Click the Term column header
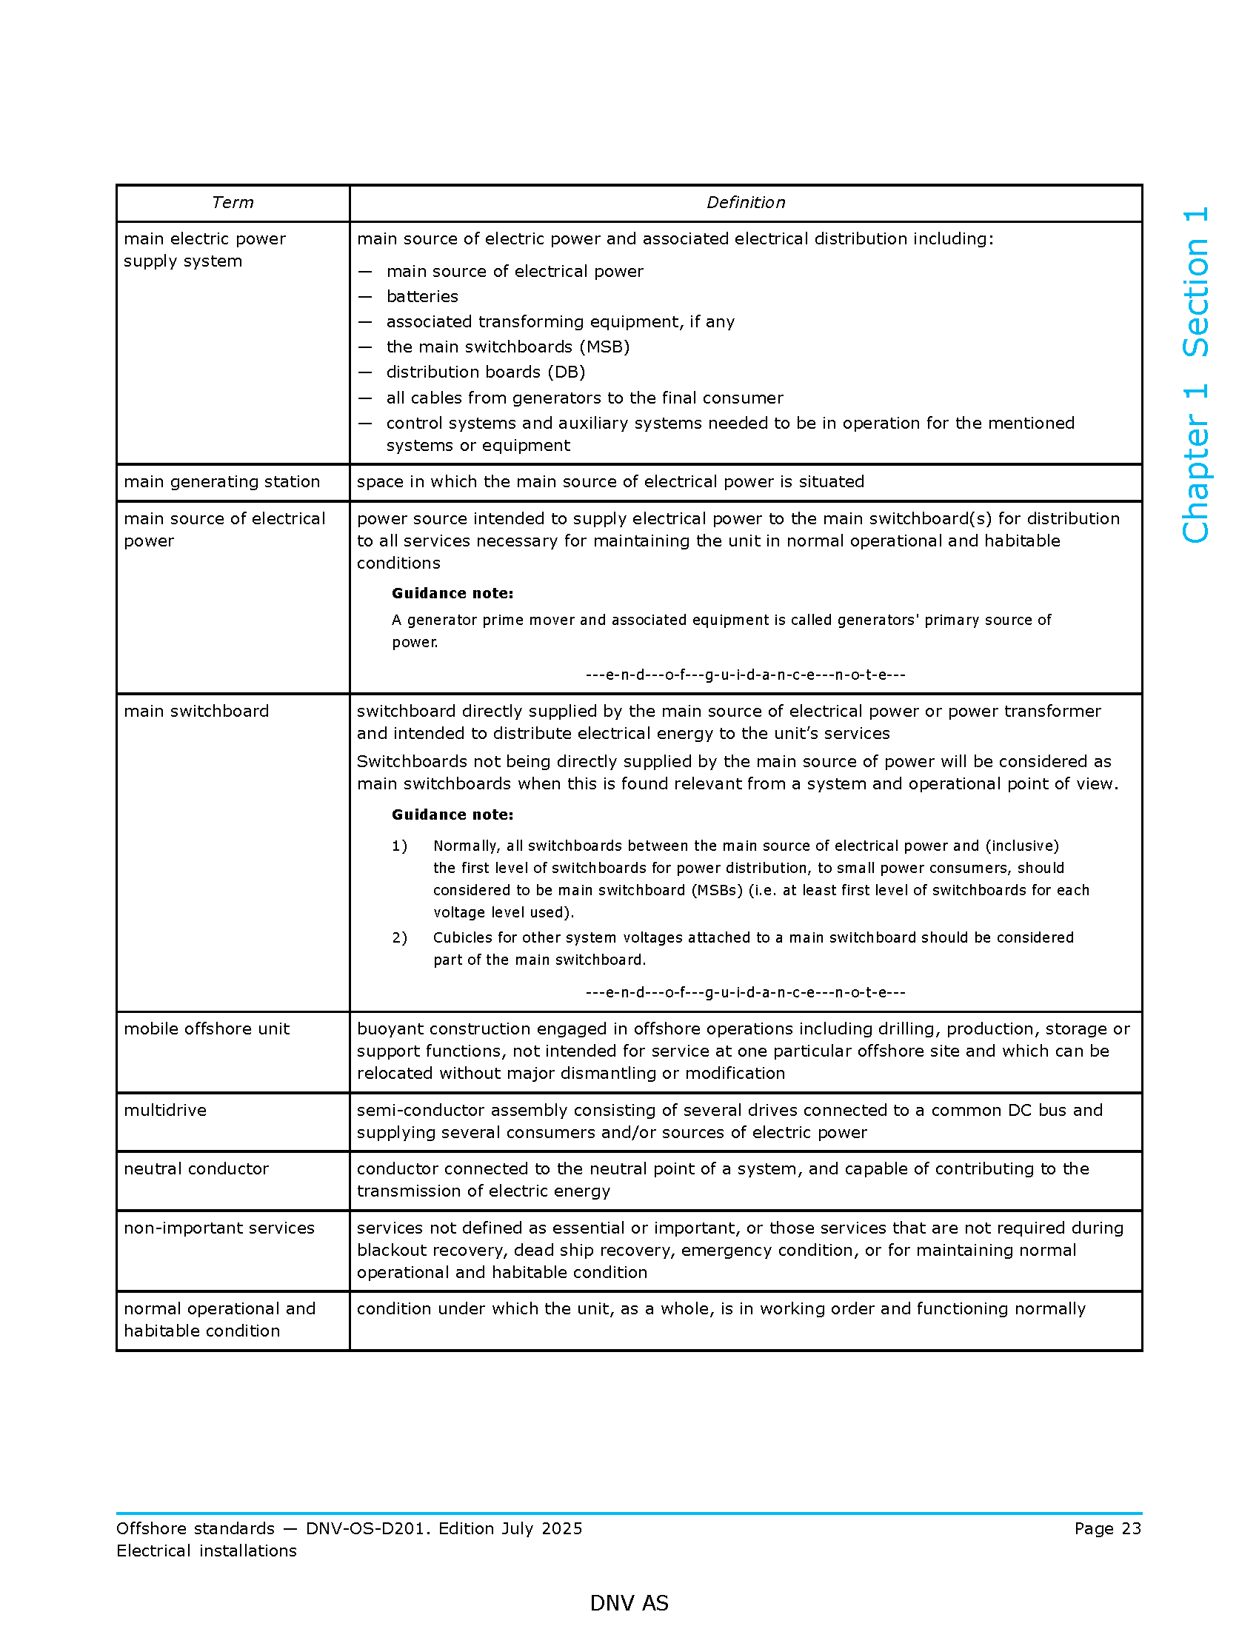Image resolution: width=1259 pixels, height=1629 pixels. pos(233,203)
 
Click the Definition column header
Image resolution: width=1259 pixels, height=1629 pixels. pos(745,203)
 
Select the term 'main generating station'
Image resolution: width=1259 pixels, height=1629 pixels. pos(221,482)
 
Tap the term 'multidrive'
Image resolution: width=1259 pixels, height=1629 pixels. pos(165,1110)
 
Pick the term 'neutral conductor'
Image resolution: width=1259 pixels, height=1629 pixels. pos(196,1168)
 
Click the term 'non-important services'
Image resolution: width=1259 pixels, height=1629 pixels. pos(219,1228)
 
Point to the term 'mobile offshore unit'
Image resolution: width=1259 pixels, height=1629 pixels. pos(207,1028)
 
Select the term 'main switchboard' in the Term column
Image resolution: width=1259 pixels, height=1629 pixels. pos(196,711)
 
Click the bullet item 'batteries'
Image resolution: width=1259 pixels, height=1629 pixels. pos(422,297)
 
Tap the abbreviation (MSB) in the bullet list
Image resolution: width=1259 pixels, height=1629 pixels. pos(604,347)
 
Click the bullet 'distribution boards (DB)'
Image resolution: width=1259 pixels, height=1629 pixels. pos(486,372)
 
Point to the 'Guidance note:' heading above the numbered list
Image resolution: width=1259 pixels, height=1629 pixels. pos(452,814)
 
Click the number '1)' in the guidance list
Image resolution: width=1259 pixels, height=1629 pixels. pos(400,846)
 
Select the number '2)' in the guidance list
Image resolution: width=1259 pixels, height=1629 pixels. pos(400,937)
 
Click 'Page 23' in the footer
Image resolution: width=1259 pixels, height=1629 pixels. pos(1107,1528)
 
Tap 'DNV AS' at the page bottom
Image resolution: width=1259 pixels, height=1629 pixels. pos(629,1603)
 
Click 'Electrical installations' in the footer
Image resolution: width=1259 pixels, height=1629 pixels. pos(207,1551)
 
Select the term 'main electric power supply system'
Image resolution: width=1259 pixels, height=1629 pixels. pos(204,250)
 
